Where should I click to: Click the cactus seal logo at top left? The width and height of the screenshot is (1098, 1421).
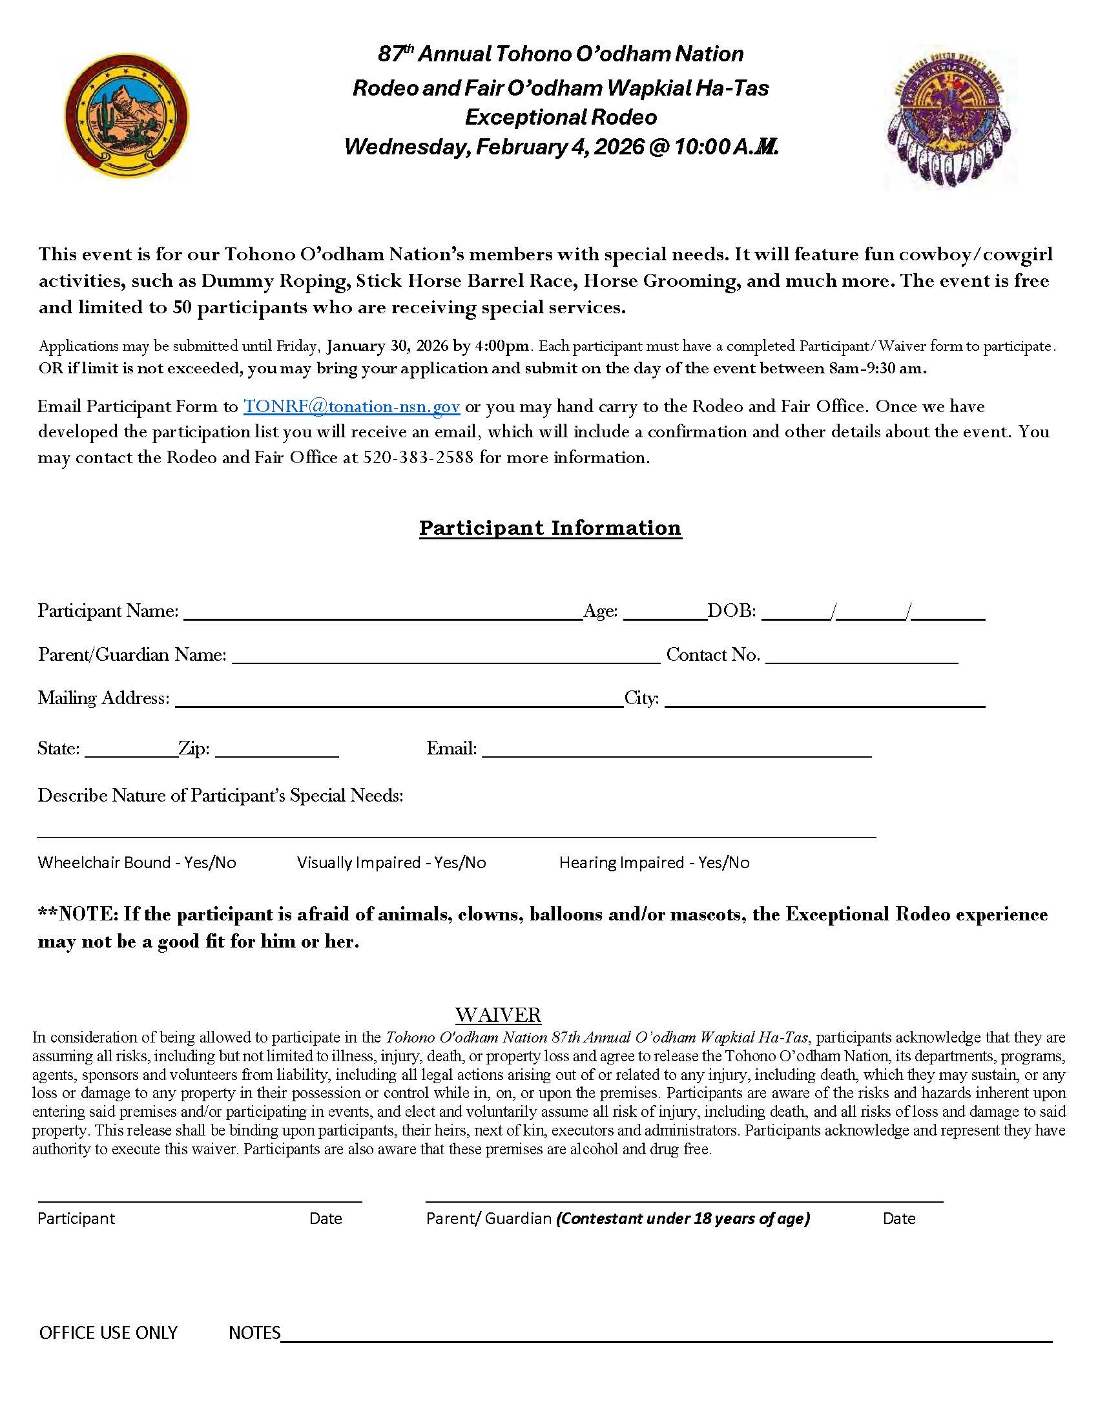127,116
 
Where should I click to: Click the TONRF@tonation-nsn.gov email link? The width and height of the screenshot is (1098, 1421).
351,407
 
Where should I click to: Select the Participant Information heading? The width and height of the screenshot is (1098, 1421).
550,528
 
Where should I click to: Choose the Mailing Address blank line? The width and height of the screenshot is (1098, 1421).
399,700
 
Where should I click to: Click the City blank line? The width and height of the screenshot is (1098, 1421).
824,700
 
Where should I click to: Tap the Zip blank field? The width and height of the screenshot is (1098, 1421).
276,751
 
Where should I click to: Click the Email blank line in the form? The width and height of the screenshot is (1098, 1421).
676,751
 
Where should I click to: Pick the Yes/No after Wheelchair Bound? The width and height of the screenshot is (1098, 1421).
210,863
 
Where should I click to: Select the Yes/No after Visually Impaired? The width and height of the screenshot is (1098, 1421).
460,863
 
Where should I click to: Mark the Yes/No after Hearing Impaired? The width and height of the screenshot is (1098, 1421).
723,863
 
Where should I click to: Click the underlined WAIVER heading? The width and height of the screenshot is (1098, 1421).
497,1015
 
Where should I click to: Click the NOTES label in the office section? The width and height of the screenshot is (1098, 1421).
254,1333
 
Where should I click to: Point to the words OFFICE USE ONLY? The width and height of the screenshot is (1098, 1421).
108,1333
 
